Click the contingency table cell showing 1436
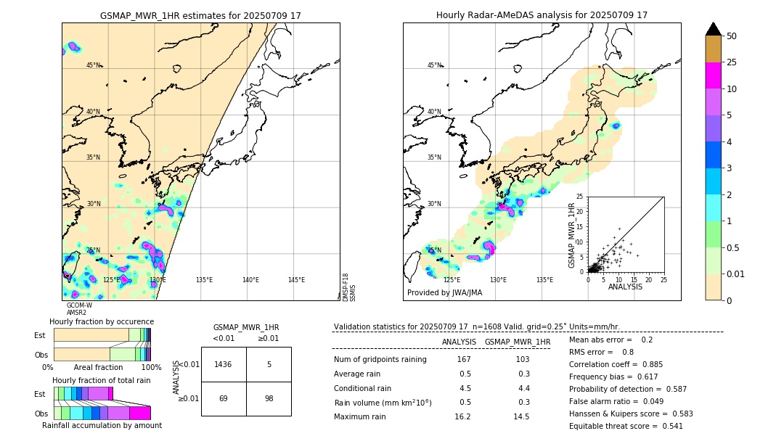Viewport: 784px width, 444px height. [x=224, y=364]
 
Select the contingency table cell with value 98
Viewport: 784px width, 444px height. [x=269, y=399]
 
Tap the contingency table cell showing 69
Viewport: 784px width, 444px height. [x=224, y=399]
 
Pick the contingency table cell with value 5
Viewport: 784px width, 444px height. [x=269, y=364]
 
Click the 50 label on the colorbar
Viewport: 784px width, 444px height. [x=732, y=36]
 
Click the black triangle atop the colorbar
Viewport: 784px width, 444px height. [x=714, y=29]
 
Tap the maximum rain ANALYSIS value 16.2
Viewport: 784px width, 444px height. [x=465, y=416]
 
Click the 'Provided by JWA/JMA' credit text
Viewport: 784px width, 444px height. [x=444, y=292]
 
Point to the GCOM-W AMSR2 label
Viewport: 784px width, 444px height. [x=78, y=309]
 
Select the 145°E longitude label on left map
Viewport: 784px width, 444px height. [x=296, y=280]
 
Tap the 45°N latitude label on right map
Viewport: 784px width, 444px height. [x=434, y=65]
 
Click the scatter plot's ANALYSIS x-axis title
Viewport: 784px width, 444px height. [x=625, y=287]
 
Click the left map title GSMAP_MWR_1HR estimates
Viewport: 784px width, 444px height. [x=200, y=15]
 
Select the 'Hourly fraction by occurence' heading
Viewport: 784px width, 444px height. [x=102, y=321]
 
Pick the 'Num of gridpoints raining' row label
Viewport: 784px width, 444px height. [x=380, y=360]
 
